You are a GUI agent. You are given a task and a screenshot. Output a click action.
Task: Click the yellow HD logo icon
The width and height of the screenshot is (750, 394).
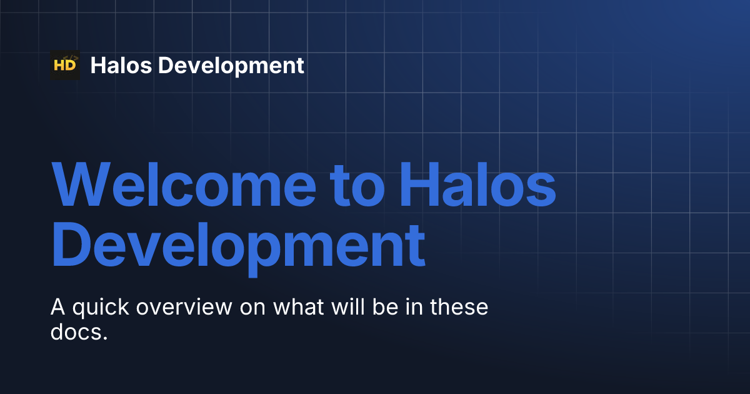(65, 65)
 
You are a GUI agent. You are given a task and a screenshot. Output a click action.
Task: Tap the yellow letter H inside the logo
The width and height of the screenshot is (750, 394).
(60, 66)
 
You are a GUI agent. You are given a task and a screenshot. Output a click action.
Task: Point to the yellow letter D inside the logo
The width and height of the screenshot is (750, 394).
(71, 66)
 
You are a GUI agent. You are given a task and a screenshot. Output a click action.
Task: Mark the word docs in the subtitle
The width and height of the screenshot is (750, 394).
(79, 332)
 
